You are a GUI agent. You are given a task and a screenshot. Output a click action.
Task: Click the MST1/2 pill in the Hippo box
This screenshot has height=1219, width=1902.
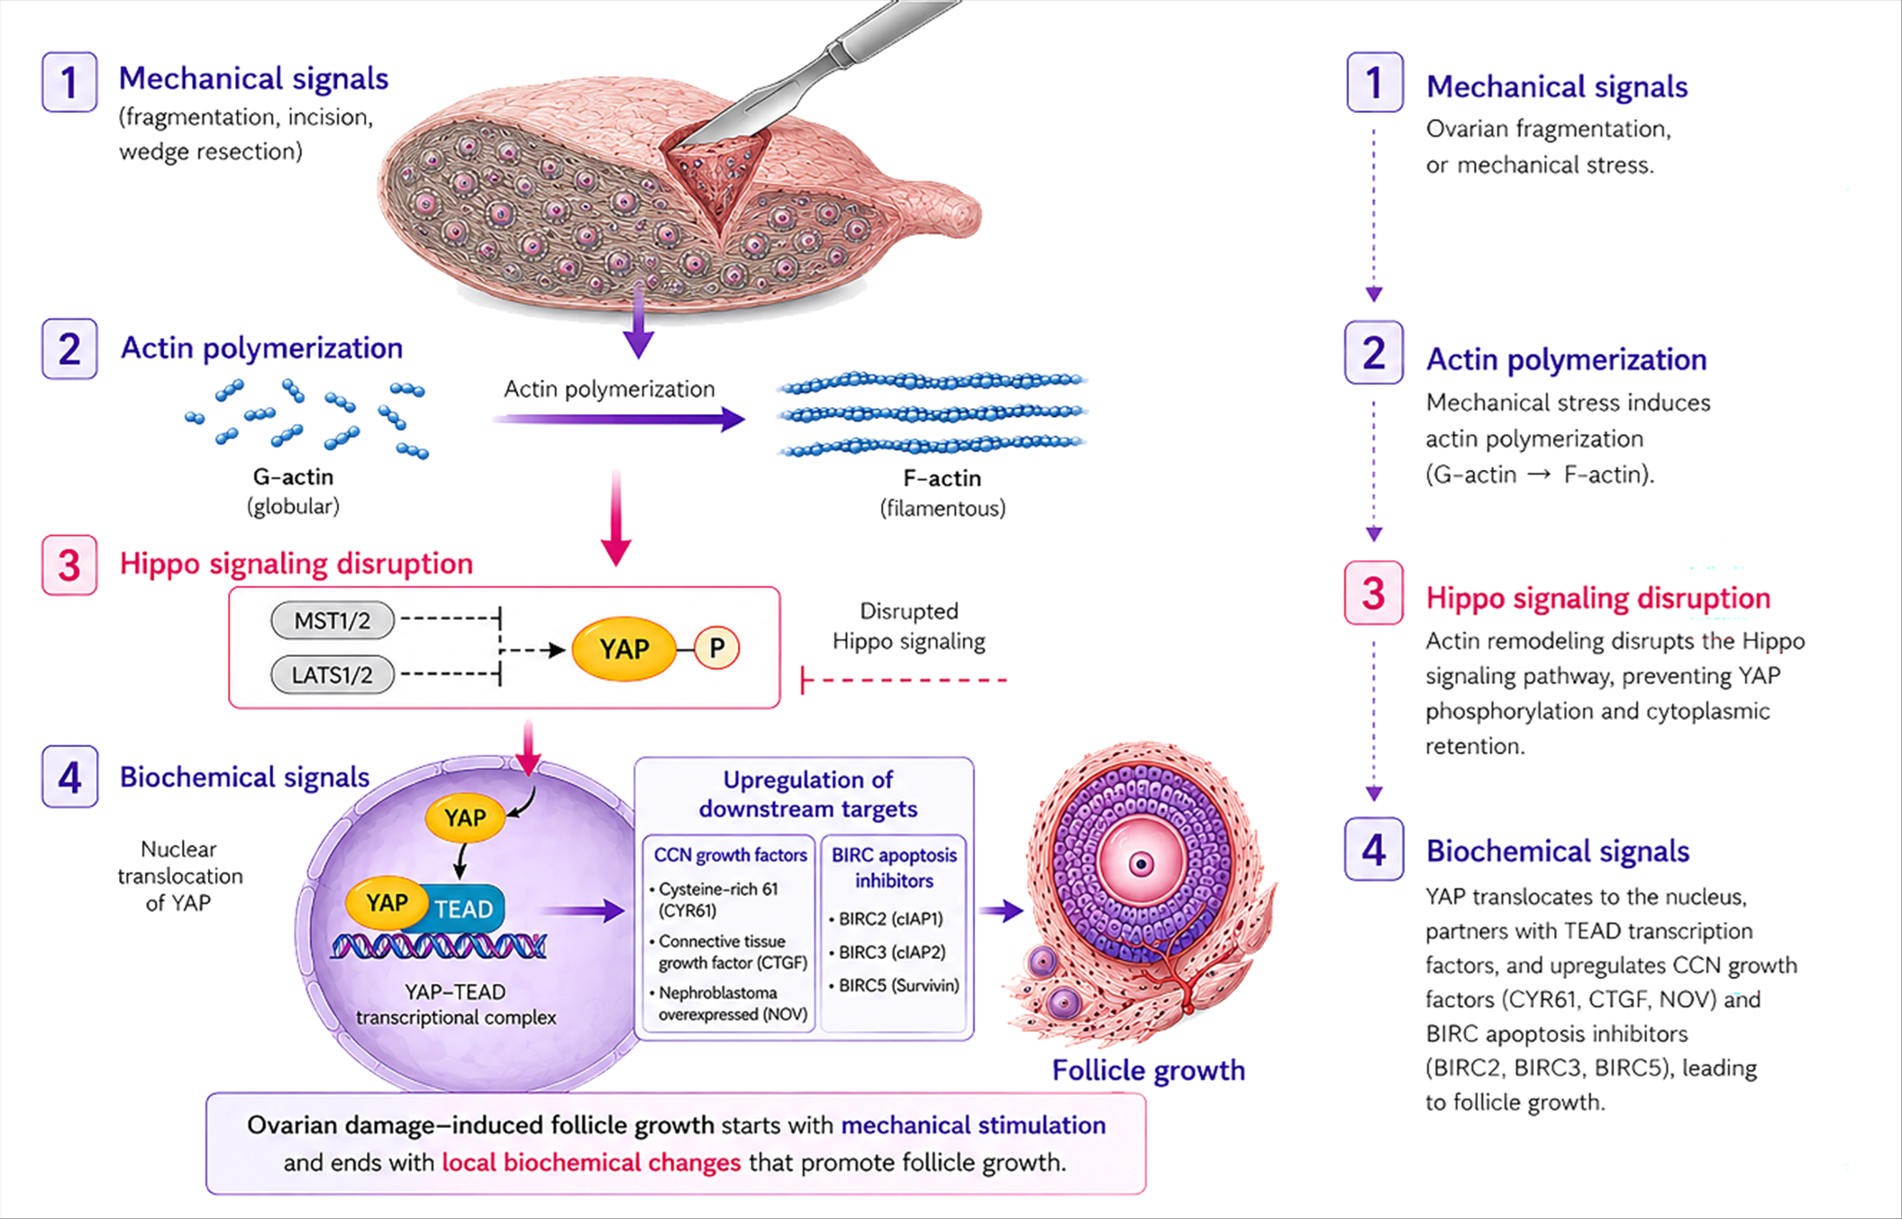332,620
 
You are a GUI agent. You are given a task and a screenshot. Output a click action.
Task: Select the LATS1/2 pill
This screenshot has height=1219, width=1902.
332,675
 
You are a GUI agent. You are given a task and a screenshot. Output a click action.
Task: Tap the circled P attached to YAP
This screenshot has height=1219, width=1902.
717,648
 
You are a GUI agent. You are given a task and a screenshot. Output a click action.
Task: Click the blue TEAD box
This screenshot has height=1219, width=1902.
461,908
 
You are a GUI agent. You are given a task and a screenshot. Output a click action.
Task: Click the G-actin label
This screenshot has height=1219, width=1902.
293,477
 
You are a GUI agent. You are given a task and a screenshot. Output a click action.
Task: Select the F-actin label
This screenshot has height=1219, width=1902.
942,479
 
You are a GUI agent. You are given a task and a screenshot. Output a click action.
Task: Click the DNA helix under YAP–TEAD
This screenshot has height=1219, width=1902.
438,946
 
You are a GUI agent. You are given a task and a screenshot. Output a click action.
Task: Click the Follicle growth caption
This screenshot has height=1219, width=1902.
1148,1070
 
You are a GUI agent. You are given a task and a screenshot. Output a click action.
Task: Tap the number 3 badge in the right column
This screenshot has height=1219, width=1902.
1374,593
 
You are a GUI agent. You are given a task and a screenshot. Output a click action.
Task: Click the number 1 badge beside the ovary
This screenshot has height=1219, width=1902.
69,82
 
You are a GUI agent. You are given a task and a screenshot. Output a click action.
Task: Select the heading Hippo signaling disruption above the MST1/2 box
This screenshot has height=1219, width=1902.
296,564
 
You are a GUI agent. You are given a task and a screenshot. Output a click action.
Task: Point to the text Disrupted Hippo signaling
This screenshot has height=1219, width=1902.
908,626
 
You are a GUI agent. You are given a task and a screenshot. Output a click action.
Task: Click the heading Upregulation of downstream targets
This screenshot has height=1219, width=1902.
808,794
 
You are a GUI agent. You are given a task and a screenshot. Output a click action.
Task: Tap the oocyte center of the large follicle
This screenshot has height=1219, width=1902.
1141,864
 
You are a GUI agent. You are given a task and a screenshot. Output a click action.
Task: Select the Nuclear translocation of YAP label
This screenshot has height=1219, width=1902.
180,876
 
